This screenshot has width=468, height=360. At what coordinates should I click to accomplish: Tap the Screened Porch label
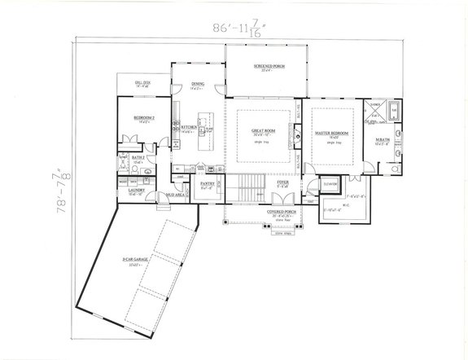coord(265,66)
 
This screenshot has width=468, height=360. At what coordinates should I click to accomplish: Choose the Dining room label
coord(198,84)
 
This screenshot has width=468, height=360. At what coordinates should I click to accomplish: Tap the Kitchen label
coord(188,128)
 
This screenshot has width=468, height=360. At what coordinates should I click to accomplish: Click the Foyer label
coord(282,183)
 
